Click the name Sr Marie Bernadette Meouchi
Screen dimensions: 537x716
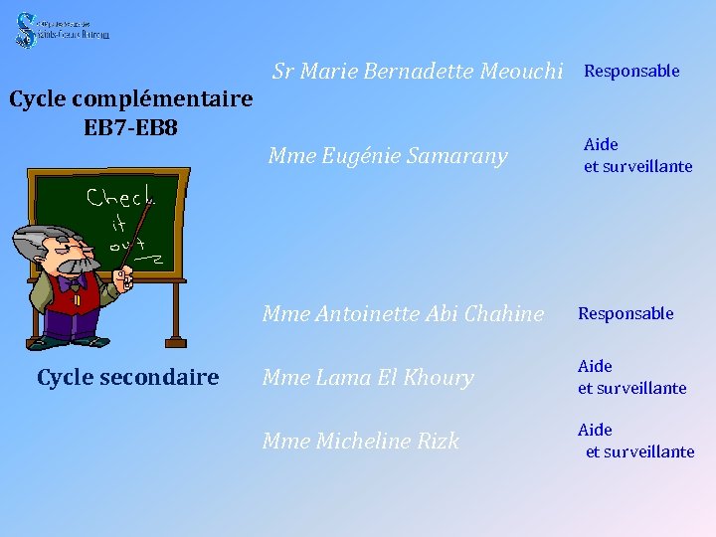tap(418, 72)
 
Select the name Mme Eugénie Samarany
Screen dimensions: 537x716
tap(388, 156)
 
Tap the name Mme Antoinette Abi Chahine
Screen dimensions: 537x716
tap(403, 314)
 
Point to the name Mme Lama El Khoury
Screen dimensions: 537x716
tap(367, 378)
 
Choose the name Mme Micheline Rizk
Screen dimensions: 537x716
tap(360, 442)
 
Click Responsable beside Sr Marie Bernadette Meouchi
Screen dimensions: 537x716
tap(630, 71)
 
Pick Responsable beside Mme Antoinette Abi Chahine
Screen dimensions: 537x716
tap(626, 314)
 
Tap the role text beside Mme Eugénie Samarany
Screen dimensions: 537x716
tap(637, 156)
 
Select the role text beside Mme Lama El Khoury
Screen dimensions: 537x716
tap(631, 378)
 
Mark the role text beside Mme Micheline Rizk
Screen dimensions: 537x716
tap(635, 442)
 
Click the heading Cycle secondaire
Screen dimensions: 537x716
tap(127, 378)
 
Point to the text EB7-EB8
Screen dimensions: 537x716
tap(131, 128)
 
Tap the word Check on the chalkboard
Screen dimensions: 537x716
tap(119, 196)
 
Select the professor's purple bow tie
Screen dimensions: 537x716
tap(70, 282)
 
